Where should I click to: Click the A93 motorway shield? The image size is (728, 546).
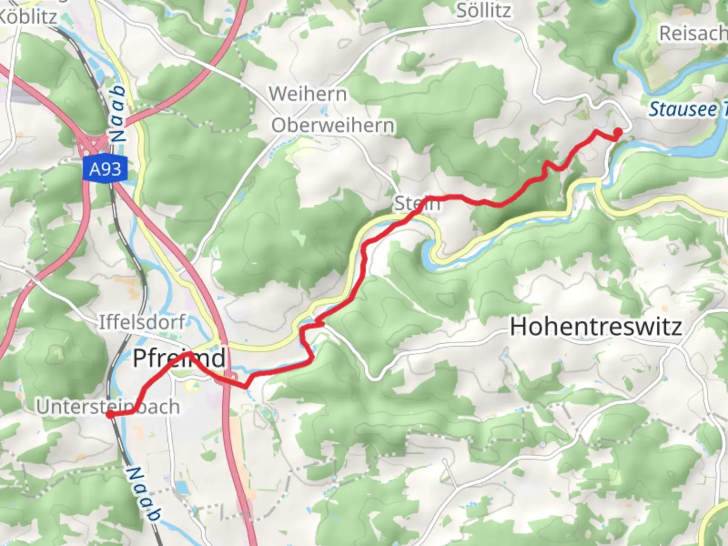click(105, 169)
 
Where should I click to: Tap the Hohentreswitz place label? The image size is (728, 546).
click(596, 327)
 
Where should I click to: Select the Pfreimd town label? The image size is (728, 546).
click(179, 358)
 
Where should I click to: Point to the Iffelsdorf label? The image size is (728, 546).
click(142, 322)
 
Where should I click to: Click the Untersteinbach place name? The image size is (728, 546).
click(108, 406)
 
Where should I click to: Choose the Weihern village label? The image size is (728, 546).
click(308, 94)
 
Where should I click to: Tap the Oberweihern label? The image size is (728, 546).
click(333, 125)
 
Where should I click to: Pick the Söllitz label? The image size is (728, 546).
click(483, 11)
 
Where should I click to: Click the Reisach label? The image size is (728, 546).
click(693, 34)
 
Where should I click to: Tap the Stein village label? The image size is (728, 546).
click(417, 203)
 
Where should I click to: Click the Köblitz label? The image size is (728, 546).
click(28, 17)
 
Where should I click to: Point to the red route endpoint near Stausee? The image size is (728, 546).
click(618, 132)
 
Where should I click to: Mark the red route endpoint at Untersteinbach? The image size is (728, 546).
click(110, 415)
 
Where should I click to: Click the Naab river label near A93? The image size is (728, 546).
click(118, 114)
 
